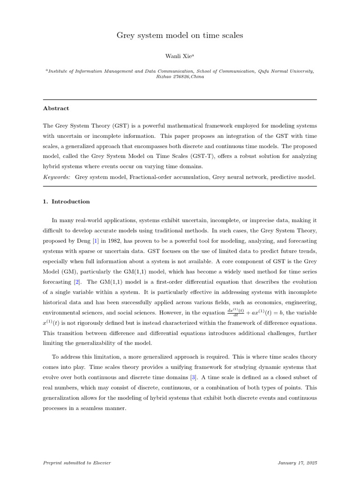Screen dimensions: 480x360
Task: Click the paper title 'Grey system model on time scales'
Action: point(180,36)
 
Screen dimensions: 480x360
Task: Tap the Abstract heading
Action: point(56,108)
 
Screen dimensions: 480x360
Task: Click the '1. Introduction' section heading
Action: point(66,202)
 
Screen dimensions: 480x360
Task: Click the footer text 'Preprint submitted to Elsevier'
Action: point(77,463)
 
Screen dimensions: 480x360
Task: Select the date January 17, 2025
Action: point(297,463)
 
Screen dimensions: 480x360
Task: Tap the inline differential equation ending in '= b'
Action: point(265,312)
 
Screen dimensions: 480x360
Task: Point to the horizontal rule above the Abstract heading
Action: point(180,99)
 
